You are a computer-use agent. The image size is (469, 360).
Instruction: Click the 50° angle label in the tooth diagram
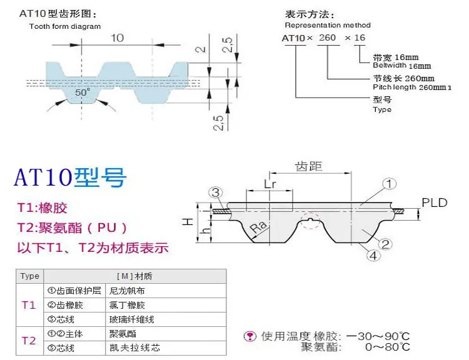pos(83,92)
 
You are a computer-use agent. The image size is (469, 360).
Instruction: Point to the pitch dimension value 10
pos(118,38)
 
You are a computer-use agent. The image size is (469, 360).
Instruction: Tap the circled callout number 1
pos(389,184)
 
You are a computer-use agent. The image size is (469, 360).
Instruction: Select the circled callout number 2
pos(385,244)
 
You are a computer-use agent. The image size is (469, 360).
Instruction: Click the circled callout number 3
pos(215,192)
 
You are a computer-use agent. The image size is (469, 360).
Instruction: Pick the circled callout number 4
pos(373,256)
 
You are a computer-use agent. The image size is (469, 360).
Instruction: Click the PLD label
pos(435,202)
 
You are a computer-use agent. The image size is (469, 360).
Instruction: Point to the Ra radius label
pos(258,227)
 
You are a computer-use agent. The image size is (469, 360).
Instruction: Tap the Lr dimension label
pos(270,184)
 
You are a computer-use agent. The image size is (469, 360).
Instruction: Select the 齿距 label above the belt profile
pos(309,166)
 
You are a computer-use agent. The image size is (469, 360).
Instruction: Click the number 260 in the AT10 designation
pos(327,37)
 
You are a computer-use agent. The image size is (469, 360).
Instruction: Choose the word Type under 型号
pos(382,109)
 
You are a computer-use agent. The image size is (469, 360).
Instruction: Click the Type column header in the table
pos(29,276)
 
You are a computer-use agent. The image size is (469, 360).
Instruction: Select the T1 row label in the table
pos(29,305)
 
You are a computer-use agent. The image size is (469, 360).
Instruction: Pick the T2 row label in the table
pos(29,341)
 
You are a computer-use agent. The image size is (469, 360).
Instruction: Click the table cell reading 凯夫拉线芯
pos(134,347)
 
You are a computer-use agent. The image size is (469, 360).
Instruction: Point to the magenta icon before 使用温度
pos(250,336)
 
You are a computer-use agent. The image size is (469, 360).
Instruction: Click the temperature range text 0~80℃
pos(387,347)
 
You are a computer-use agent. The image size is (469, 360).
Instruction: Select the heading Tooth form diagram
pos(65,26)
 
